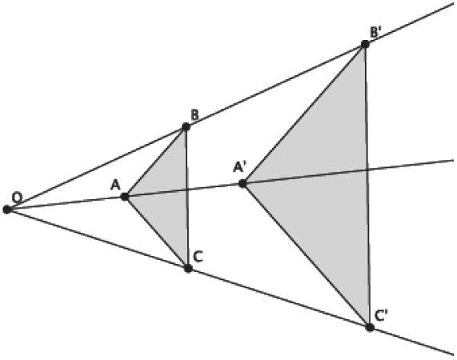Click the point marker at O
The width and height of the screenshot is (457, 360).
6,209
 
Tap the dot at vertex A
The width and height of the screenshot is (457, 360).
125,197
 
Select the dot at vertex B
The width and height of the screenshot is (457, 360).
186,126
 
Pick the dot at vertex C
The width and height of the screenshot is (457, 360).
188,268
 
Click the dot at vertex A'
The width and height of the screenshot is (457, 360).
243,183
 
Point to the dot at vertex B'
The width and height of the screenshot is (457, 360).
365,44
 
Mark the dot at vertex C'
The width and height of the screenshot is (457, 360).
370,327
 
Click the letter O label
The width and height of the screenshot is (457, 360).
17,198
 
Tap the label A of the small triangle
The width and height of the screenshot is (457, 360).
115,185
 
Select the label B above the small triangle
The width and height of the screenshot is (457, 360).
194,115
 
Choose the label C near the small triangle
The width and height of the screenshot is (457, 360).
198,257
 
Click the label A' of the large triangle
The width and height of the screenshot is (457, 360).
240,167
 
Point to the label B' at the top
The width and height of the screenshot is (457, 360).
375,32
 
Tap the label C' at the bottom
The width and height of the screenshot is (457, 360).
381,315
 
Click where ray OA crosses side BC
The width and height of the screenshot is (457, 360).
187,190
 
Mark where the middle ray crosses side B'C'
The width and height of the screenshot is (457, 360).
367,170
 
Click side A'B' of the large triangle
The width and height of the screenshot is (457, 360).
303,114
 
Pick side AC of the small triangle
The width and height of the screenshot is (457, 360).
157,233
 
